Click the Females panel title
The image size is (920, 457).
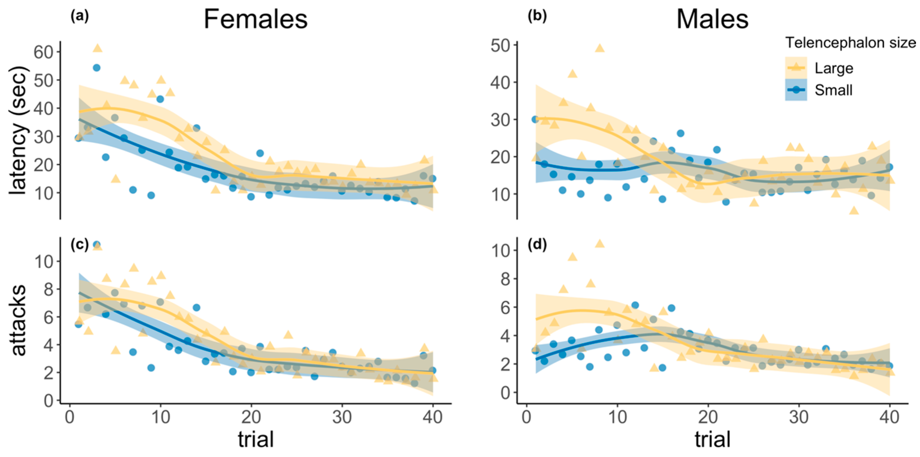(255, 19)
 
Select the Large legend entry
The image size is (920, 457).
(833, 68)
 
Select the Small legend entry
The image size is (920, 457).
(833, 90)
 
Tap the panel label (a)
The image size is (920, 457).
(79, 16)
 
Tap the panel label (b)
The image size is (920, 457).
(537, 16)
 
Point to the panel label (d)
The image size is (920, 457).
(537, 245)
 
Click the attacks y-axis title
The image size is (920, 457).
(18, 320)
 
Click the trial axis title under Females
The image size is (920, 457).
(256, 439)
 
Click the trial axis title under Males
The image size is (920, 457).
(713, 439)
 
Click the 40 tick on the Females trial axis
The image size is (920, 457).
(433, 417)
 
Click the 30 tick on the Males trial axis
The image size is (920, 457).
(799, 417)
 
